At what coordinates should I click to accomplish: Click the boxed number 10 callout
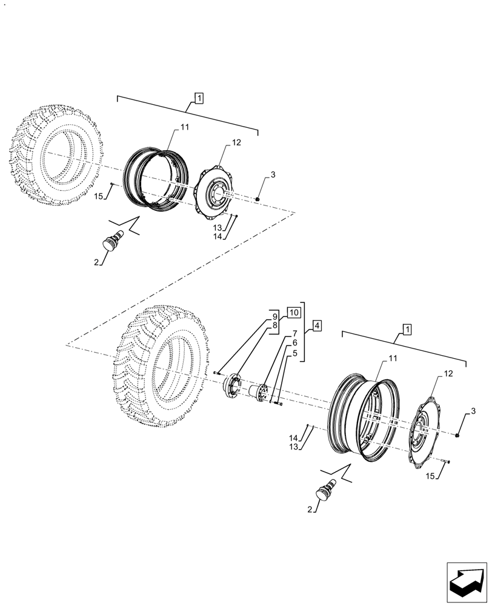(x=293, y=313)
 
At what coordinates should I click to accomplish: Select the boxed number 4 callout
(x=317, y=326)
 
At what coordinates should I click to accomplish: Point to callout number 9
(x=274, y=316)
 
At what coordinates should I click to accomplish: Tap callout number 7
(x=294, y=334)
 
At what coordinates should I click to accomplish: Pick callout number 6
(x=294, y=343)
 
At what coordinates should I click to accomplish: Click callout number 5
(x=294, y=353)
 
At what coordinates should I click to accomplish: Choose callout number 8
(x=274, y=325)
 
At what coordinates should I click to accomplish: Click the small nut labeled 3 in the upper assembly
(x=258, y=198)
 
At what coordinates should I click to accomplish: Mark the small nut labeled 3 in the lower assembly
(x=457, y=435)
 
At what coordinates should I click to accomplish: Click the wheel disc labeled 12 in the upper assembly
(x=215, y=191)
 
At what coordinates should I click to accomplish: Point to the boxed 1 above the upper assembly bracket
(x=199, y=97)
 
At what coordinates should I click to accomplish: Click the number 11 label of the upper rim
(x=184, y=127)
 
